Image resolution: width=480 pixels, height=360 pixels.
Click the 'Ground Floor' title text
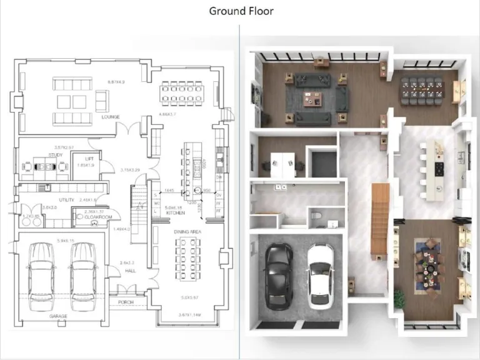click(241, 11)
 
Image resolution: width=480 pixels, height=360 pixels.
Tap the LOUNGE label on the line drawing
click(111, 117)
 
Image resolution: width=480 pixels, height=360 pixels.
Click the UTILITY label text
click(67, 199)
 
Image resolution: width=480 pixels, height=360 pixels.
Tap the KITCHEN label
click(176, 213)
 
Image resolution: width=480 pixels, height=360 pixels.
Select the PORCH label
click(126, 302)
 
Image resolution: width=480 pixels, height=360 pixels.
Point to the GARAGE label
click(59, 316)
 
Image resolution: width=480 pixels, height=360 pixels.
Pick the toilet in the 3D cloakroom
click(317, 216)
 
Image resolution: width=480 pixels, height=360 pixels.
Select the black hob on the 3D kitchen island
click(439, 168)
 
